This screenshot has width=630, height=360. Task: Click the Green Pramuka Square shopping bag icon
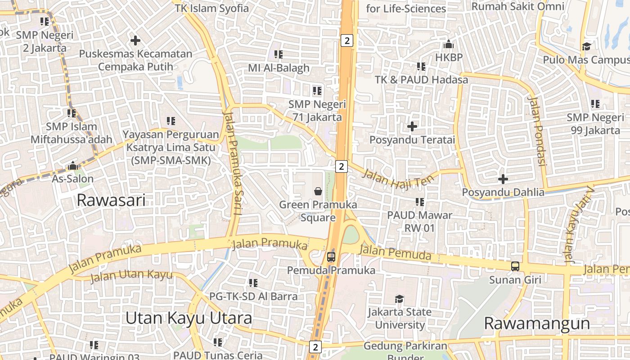tap(318, 191)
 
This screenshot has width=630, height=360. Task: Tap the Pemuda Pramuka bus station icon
tap(331, 257)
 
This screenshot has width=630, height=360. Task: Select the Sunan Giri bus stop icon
tap(515, 266)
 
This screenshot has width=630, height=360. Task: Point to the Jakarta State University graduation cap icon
tap(399, 299)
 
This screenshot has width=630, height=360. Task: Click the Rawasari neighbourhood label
tap(111, 200)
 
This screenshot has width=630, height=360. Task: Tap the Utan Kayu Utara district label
tap(189, 318)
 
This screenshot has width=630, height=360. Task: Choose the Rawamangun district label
tap(537, 323)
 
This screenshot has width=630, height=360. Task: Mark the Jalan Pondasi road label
tap(536, 131)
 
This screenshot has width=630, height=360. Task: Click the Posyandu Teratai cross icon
tap(412, 126)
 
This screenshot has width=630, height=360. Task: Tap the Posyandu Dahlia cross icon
tap(503, 179)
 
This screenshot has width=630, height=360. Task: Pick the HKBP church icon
tap(448, 45)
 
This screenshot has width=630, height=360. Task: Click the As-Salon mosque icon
tap(72, 166)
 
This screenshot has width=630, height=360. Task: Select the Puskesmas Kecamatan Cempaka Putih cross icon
tap(135, 40)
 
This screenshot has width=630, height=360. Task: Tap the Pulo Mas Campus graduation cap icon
tap(586, 46)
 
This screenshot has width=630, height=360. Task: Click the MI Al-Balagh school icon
tap(279, 54)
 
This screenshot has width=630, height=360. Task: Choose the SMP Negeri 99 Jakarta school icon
tap(595, 104)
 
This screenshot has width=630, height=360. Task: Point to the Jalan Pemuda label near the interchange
tap(396, 253)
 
